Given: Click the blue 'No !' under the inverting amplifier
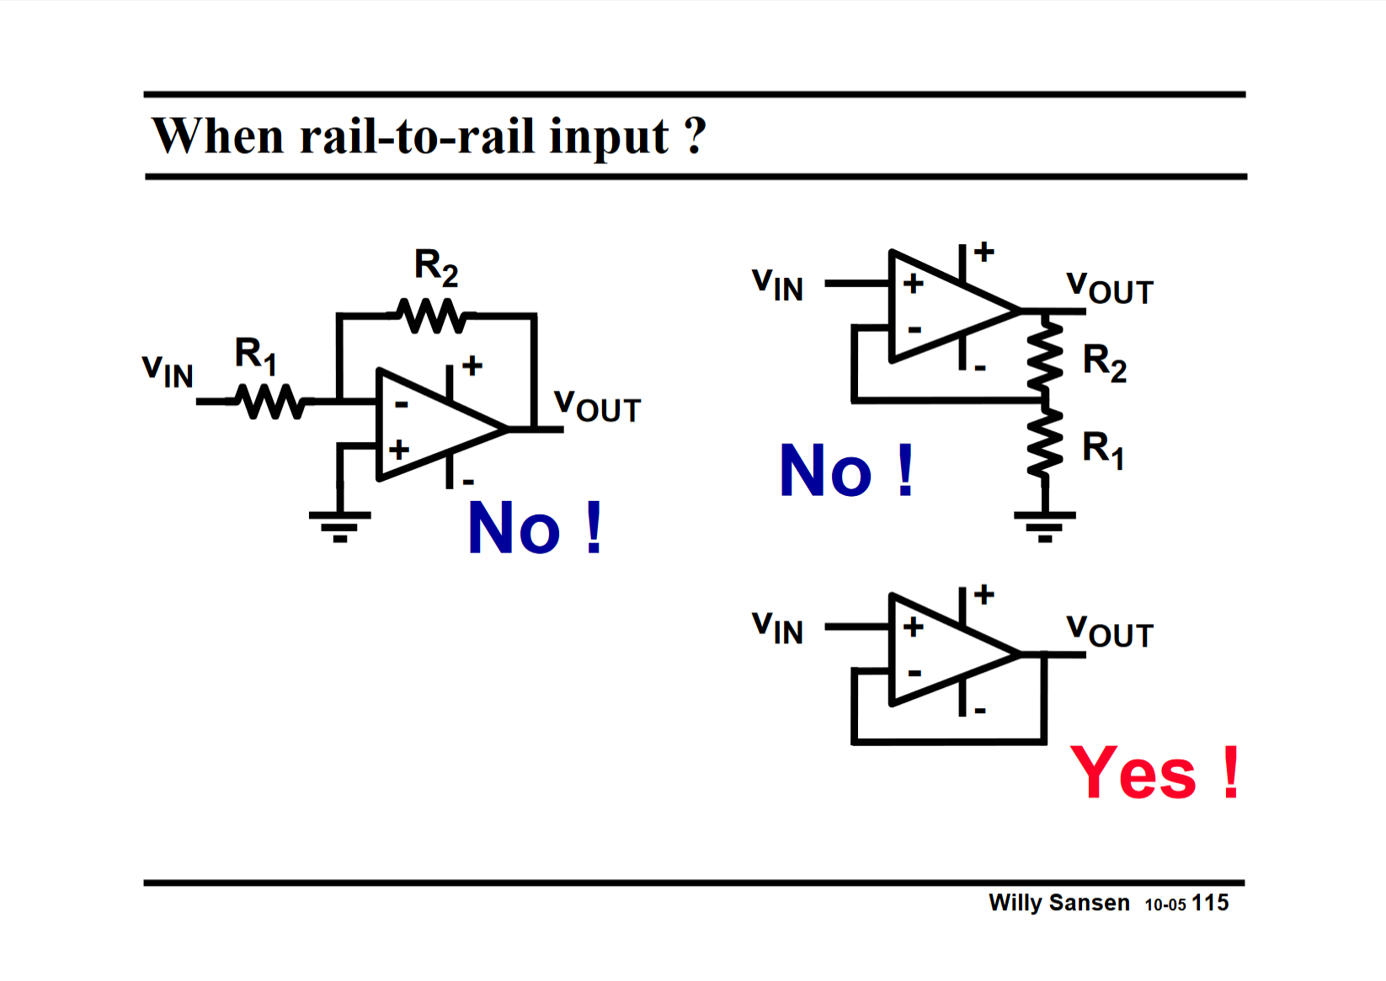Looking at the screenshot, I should click(535, 529).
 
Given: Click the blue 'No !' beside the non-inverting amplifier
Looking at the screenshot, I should click(846, 472).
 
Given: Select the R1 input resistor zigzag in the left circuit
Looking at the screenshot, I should click(269, 402).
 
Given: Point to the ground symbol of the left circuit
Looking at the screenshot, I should click(339, 524).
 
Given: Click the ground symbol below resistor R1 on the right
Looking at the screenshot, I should click(1044, 524).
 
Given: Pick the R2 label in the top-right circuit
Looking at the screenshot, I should click(1104, 362).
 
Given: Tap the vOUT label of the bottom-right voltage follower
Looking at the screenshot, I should click(1109, 632).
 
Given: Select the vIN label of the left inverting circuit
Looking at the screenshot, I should click(168, 371).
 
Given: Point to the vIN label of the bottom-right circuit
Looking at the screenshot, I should click(777, 627).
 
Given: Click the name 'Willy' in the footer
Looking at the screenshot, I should click(1015, 903).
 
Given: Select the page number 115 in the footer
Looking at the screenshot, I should click(1210, 903).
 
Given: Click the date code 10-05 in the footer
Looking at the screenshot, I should click(1165, 904).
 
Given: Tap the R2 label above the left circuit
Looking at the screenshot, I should click(436, 267).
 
